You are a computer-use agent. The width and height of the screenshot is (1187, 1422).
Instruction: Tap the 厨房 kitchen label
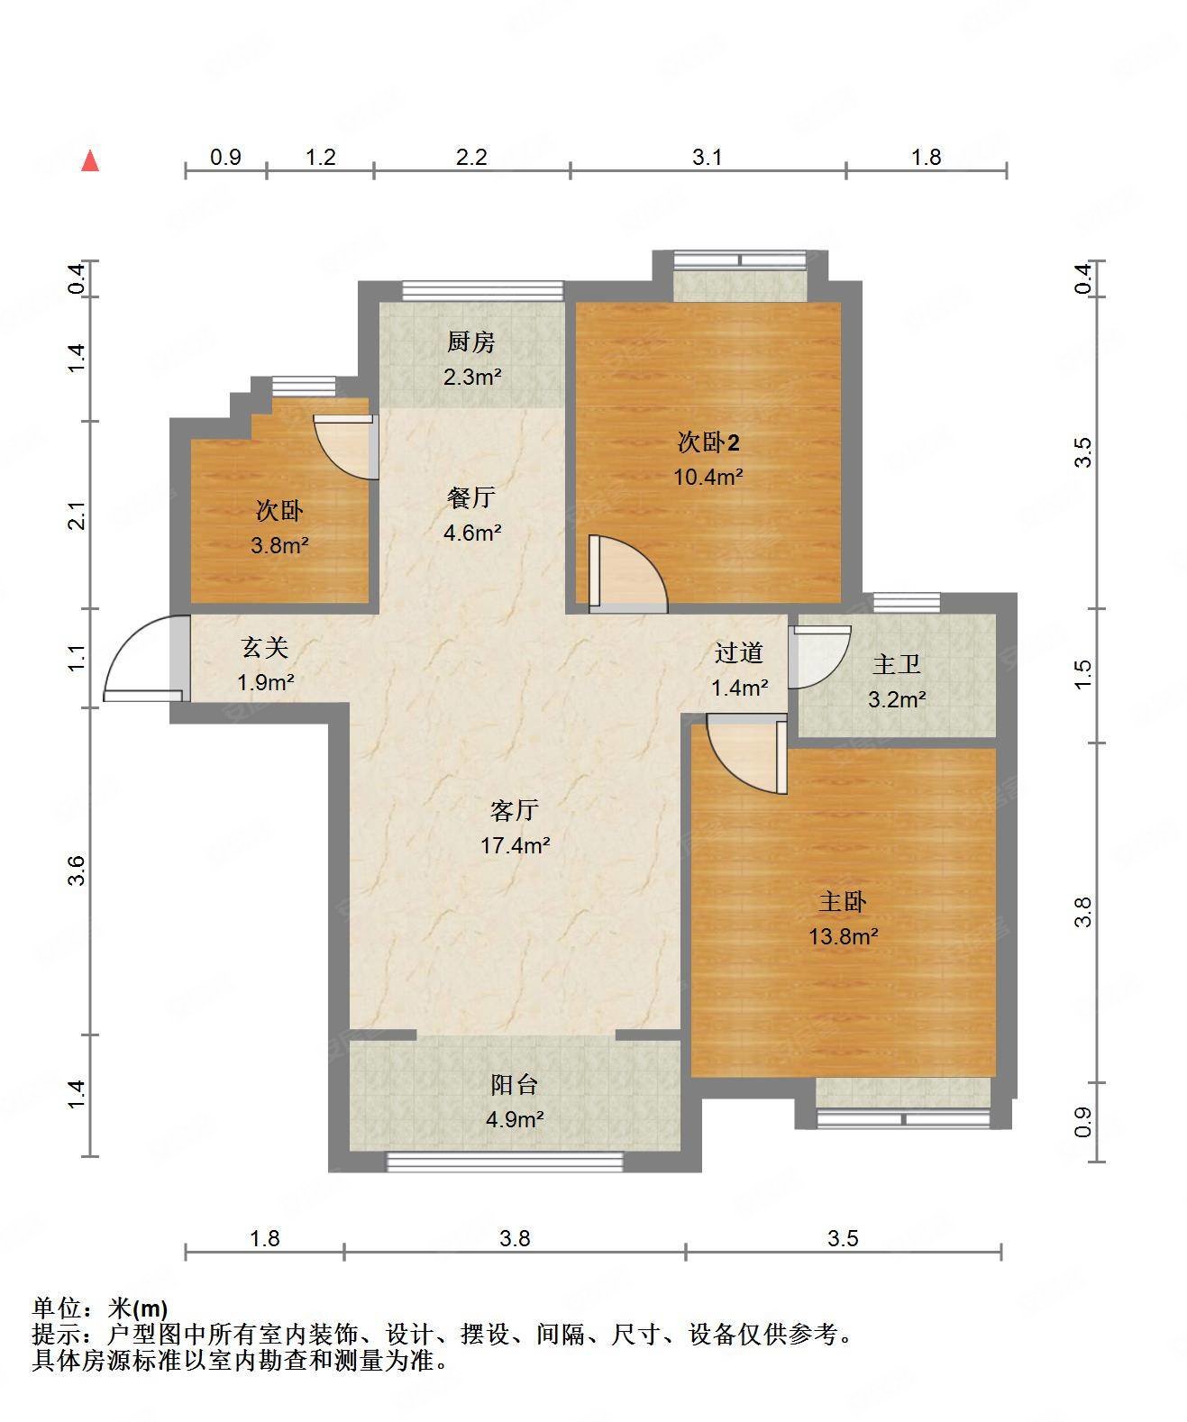pyautogui.click(x=471, y=342)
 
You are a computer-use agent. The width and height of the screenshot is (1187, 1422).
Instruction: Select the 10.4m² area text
pyautogui.click(x=708, y=477)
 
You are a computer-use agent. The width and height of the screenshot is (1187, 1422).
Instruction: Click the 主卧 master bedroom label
pyautogui.click(x=843, y=902)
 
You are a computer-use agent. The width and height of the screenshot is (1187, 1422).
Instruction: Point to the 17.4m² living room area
pyautogui.click(x=516, y=846)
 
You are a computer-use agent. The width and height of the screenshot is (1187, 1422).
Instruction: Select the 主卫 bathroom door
pyautogui.click(x=819, y=657)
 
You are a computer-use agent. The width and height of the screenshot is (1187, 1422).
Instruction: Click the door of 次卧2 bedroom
pyautogui.click(x=628, y=574)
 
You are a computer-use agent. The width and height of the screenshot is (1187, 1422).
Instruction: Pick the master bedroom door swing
pyautogui.click(x=747, y=754)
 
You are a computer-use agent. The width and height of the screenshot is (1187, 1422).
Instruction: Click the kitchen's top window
pyautogui.click(x=483, y=291)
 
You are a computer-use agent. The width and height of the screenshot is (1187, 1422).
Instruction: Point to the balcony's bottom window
pyautogui.click(x=505, y=1162)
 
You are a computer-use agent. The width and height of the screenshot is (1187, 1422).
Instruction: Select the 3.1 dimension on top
pyautogui.click(x=707, y=158)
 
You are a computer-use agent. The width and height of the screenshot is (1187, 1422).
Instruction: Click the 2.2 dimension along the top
pyautogui.click(x=471, y=158)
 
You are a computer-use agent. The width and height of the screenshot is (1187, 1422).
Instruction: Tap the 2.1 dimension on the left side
pyautogui.click(x=78, y=515)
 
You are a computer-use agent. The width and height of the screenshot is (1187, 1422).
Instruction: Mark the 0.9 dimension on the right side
pyautogui.click(x=1082, y=1122)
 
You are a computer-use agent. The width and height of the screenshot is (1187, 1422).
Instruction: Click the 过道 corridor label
pyautogui.click(x=739, y=652)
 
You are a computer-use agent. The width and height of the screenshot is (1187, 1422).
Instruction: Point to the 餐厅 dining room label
pyautogui.click(x=471, y=497)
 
